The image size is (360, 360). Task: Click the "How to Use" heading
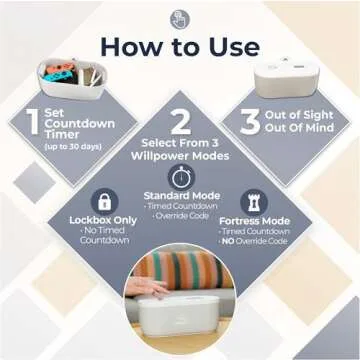tap(180, 46)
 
